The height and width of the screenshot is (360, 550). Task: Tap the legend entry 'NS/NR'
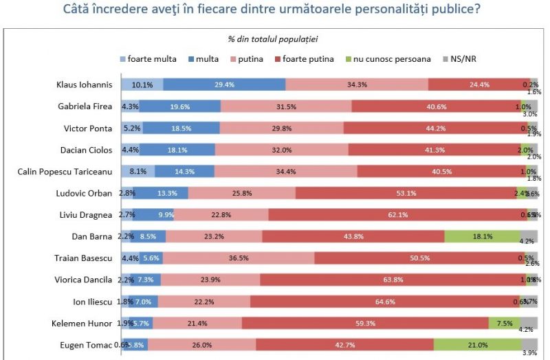pyautogui.click(x=461, y=59)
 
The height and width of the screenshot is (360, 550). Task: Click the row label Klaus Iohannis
pyautogui.click(x=84, y=85)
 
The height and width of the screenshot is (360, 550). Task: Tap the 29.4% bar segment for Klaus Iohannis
pyautogui.click(x=225, y=85)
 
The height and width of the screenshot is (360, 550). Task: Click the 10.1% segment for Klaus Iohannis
pyautogui.click(x=142, y=85)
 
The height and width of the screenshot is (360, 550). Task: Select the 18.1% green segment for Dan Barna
pyautogui.click(x=482, y=236)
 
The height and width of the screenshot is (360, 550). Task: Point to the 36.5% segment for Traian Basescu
pyautogui.click(x=239, y=258)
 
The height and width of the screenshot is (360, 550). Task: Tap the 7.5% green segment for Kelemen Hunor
pyautogui.click(x=504, y=323)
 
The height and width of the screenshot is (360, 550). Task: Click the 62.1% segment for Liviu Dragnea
pyautogui.click(x=397, y=215)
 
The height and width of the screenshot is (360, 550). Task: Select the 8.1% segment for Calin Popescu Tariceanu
pyautogui.click(x=138, y=171)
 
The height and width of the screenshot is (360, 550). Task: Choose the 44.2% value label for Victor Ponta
pyautogui.click(x=431, y=128)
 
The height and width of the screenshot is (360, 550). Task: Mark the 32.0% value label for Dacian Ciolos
pyautogui.click(x=281, y=150)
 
